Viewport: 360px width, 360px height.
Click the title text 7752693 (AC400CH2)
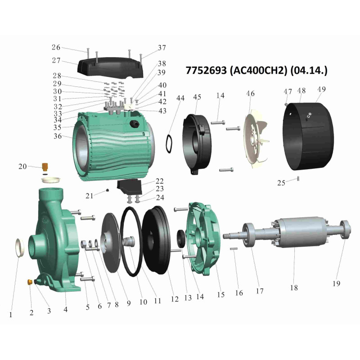[x=236, y=70]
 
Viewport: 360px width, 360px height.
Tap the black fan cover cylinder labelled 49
[x=308, y=136]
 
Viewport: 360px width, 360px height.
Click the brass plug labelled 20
[x=45, y=166]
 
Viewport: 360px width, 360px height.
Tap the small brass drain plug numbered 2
[x=30, y=282]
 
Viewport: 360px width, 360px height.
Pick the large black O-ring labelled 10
[x=131, y=242]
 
